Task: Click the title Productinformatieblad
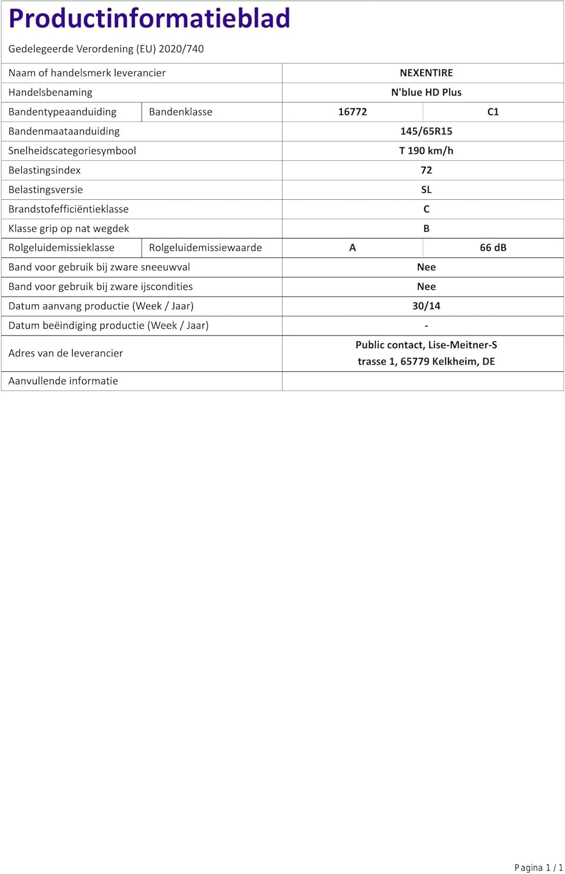[x=149, y=19]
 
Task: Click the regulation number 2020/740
[x=181, y=49]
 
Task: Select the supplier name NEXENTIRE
[x=426, y=73]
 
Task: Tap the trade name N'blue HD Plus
[x=426, y=92]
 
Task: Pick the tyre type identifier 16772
[x=352, y=112]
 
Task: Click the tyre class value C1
[x=493, y=112]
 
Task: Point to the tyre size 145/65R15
[x=426, y=131]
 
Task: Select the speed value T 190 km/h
[x=426, y=150]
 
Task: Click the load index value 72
[x=426, y=170]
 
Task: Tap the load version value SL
[x=426, y=189]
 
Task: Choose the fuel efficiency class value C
[x=426, y=209]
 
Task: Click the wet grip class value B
[x=426, y=228]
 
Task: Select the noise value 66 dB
[x=493, y=248]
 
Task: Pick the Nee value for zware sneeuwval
[x=426, y=267]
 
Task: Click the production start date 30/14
[x=426, y=306]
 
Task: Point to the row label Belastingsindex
[x=44, y=170]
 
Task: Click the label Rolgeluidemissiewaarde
[x=205, y=248]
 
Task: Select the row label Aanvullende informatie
[x=63, y=381]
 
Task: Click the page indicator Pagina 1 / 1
[x=538, y=868]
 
